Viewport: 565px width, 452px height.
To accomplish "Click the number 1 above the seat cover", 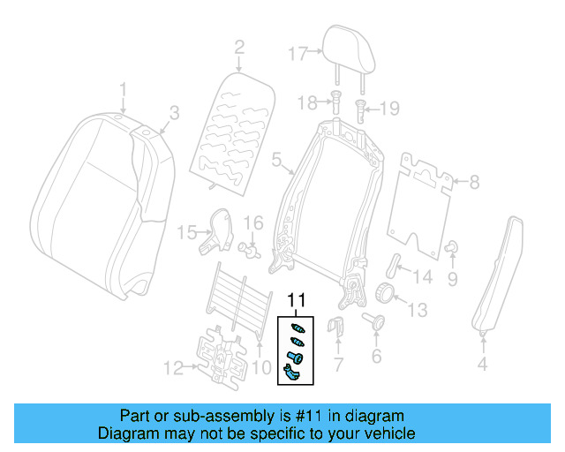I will click(123, 89).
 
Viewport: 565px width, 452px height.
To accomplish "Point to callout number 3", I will click(174, 113).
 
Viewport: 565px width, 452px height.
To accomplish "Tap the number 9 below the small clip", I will click(452, 280).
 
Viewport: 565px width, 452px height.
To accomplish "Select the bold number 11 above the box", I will click(297, 301).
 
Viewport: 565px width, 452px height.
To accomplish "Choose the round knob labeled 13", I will click(386, 292).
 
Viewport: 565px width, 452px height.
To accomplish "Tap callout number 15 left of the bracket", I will click(185, 233).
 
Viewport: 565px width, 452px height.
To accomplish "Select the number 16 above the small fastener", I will click(253, 222).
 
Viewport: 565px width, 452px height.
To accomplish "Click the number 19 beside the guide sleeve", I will click(389, 109).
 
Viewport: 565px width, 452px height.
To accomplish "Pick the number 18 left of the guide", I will click(306, 103).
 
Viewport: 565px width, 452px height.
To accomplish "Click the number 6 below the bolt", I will click(376, 357).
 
